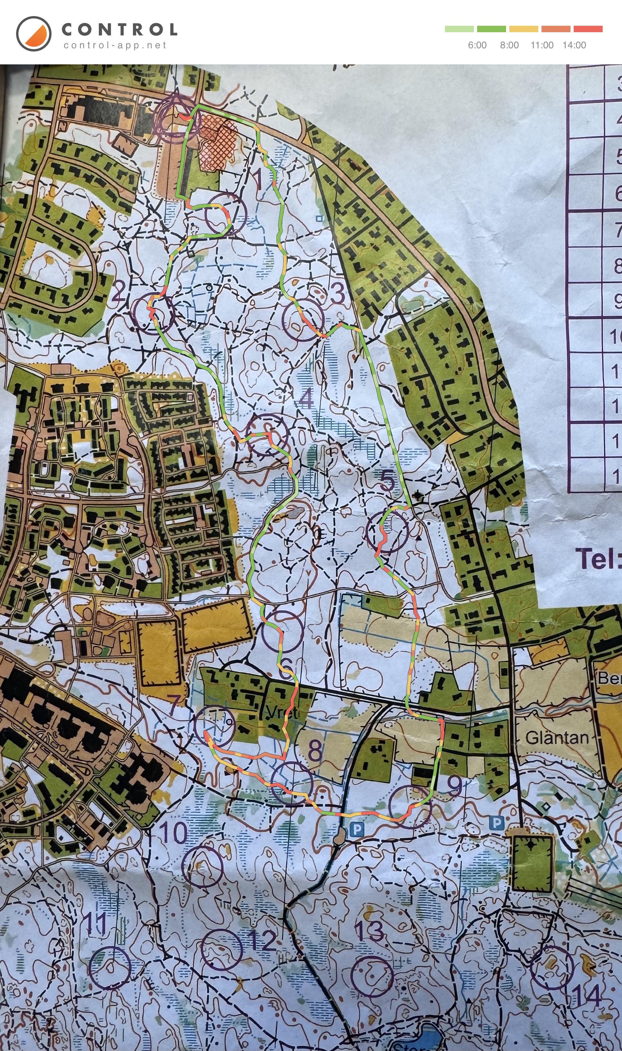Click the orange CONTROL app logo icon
tap(33, 33)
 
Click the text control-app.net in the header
tap(115, 45)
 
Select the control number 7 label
tap(175, 705)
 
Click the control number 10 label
tap(173, 833)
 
